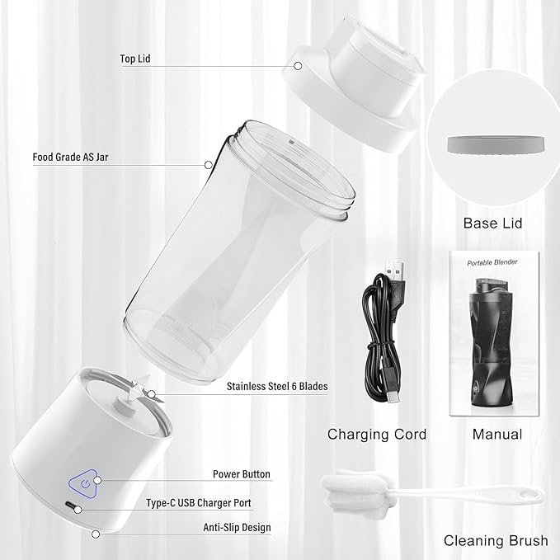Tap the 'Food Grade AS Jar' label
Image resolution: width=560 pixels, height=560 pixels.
point(70,156)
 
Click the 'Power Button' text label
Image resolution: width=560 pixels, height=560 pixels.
point(240,474)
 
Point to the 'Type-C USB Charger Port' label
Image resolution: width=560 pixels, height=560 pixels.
point(210,502)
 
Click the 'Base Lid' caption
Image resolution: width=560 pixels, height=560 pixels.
point(492,223)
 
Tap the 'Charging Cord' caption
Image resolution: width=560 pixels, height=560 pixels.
point(377,434)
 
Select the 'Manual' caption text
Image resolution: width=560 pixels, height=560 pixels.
point(496,434)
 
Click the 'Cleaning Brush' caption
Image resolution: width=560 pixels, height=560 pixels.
point(496,541)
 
